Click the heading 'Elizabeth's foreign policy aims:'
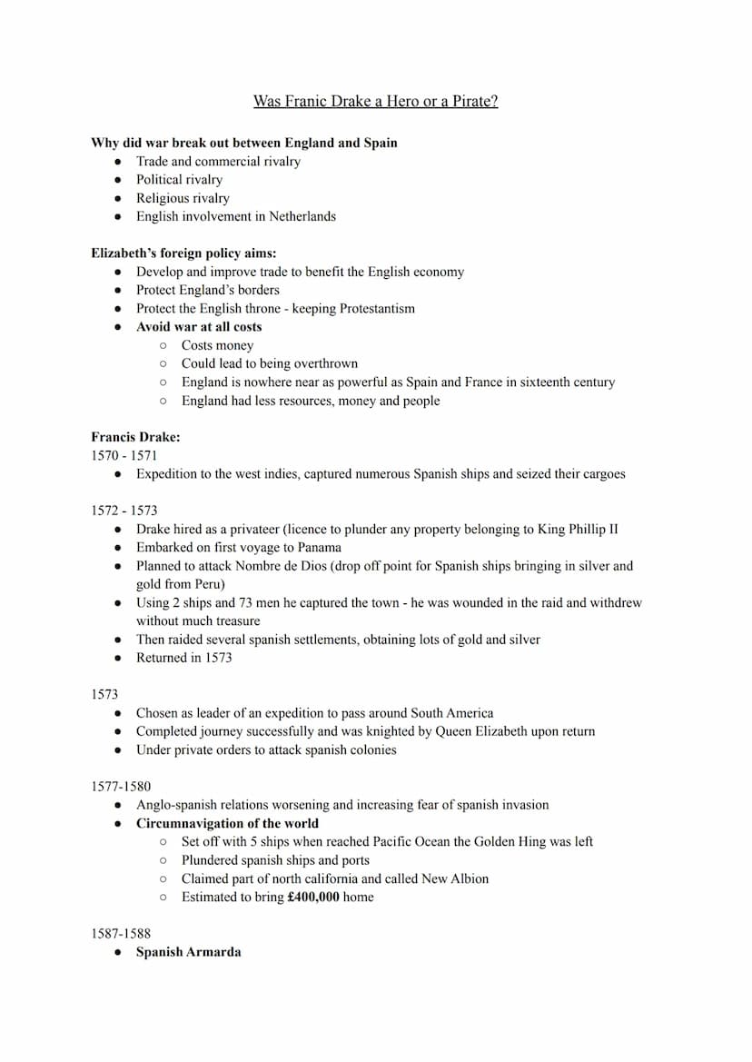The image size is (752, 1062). click(183, 253)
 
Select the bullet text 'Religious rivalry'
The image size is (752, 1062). click(183, 198)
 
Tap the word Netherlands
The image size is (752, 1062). click(302, 216)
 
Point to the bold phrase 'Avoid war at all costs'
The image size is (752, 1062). click(199, 327)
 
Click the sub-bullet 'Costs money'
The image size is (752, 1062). click(217, 345)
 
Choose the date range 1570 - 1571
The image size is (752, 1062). click(124, 455)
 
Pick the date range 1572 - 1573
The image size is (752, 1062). click(124, 511)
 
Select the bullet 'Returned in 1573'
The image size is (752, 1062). click(183, 658)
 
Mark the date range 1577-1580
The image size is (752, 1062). click(121, 786)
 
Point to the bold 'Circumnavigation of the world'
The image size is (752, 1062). click(227, 823)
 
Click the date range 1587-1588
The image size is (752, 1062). click(121, 933)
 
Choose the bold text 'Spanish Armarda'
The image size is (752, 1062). click(188, 952)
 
